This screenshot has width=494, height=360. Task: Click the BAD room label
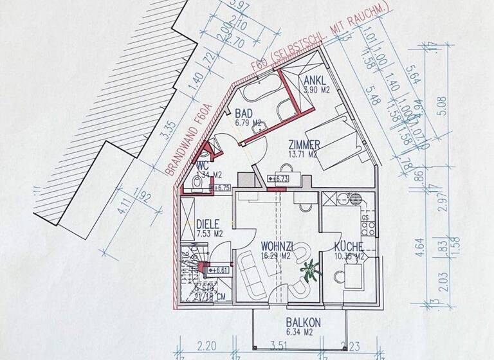[242, 112]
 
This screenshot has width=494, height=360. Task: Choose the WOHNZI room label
[277, 246]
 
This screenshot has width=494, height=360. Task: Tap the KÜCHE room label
[349, 247]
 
